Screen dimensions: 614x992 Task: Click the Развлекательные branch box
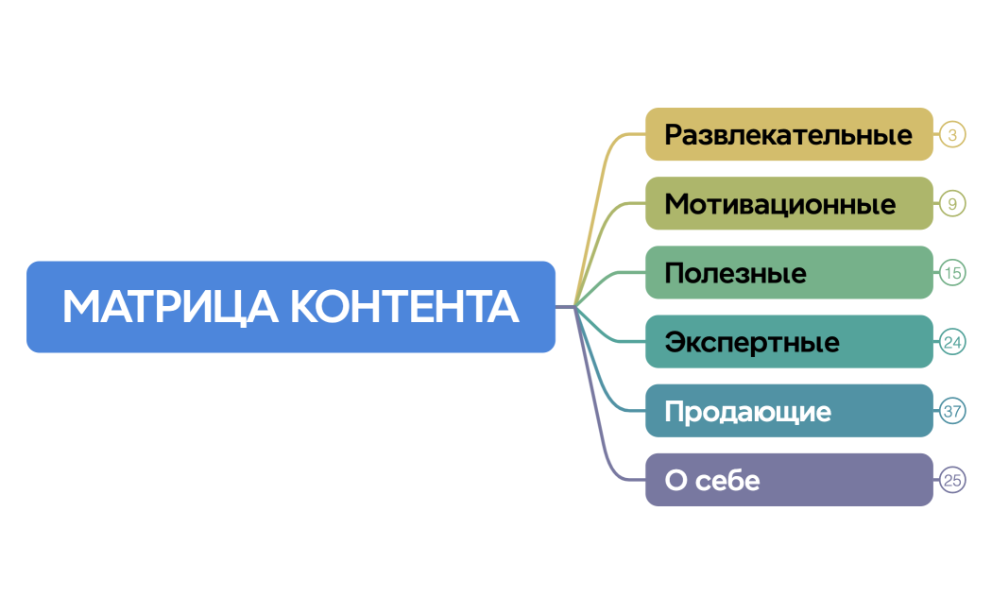[x=789, y=134]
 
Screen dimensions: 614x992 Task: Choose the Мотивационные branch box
[x=789, y=203]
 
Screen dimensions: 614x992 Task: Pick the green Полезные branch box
[x=789, y=273]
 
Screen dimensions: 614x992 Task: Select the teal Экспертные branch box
[x=789, y=342]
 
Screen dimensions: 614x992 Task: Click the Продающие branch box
[x=789, y=411]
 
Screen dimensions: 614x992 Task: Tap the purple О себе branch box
[x=789, y=480]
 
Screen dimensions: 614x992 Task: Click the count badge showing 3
[x=952, y=134]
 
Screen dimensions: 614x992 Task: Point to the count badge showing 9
[x=952, y=203]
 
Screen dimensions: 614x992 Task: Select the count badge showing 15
[x=952, y=273]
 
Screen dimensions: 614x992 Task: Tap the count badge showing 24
[x=952, y=342]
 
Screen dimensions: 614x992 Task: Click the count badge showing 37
[x=952, y=411]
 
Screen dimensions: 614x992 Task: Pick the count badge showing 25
[x=952, y=480]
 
